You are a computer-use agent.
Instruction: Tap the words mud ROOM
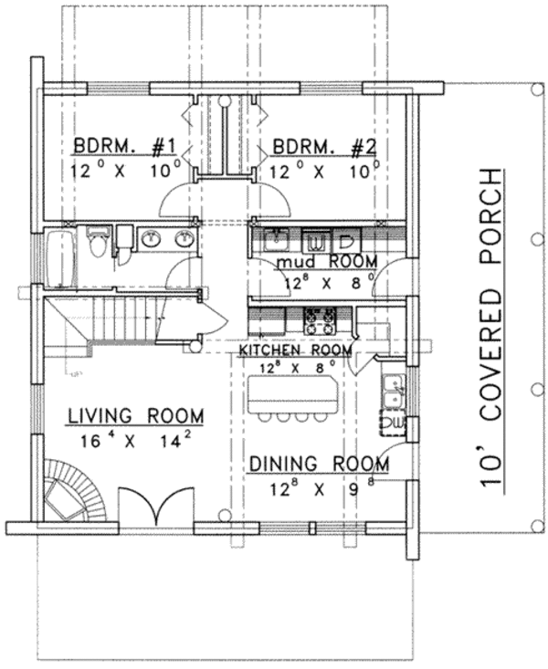pyautogui.click(x=313, y=263)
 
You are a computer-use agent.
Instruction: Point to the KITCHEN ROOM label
pyautogui.click(x=296, y=350)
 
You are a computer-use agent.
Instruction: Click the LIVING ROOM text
pyautogui.click(x=135, y=416)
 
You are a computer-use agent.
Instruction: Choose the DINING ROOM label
pyautogui.click(x=319, y=465)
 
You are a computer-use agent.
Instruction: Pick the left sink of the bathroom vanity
pyautogui.click(x=150, y=240)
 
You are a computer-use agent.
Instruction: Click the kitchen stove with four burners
pyautogui.click(x=319, y=320)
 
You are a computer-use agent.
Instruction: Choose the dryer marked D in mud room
pyautogui.click(x=347, y=242)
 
